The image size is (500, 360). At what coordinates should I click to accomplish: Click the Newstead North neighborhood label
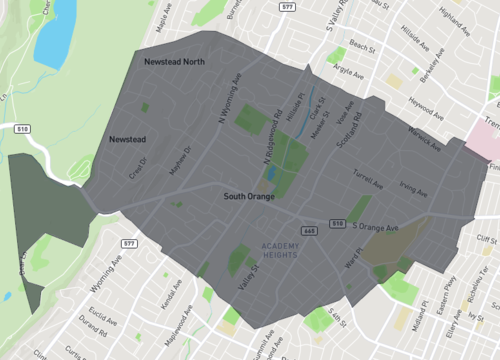(174, 62)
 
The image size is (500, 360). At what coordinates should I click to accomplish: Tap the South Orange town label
(250, 198)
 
